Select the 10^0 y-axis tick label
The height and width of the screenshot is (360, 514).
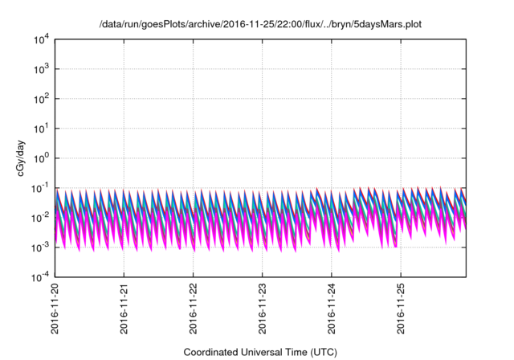41,158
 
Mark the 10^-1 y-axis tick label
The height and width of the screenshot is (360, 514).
40,188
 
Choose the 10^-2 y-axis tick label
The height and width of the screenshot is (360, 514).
40,218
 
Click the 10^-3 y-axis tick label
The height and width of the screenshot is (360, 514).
40,247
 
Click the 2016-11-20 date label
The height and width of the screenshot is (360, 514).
55,309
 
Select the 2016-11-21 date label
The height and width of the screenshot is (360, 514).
124,309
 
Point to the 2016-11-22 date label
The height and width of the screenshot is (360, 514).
194,309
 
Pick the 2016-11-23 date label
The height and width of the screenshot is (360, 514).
263,309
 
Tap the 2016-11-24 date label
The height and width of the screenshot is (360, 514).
332,309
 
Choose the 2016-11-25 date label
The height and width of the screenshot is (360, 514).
402,309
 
